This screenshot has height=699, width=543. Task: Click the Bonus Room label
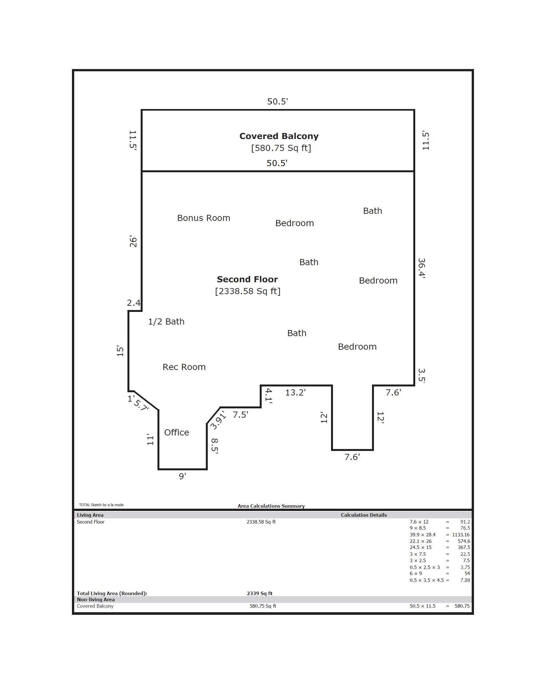204,218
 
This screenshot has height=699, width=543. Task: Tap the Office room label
176,433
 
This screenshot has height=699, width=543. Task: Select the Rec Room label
184,367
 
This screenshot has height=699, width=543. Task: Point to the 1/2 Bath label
166,322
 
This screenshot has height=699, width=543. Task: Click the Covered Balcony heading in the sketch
279,136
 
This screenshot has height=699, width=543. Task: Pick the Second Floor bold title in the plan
247,279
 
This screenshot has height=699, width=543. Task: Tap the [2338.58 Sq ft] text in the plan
248,291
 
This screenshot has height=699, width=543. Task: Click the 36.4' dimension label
422,268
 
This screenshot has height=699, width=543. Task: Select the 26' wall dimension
133,242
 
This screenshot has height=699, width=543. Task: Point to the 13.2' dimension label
296,393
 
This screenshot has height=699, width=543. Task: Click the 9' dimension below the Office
183,476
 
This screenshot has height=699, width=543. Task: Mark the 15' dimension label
120,351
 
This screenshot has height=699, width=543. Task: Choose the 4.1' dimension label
269,396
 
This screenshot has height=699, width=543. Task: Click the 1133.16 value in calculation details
461,535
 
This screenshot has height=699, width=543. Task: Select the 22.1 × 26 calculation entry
420,541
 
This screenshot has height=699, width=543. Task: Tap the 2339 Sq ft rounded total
260,593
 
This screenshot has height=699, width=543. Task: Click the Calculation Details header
364,515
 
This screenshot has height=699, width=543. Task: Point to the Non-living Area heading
96,600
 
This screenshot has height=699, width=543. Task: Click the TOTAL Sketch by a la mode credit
101,505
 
